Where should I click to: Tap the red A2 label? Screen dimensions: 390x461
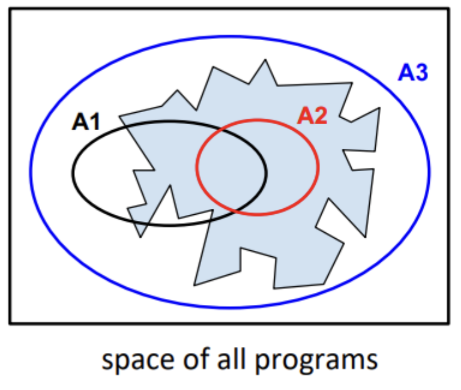pos(312,116)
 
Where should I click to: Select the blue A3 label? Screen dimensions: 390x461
pos(413,73)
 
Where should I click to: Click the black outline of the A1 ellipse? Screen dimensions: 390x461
pos(73,173)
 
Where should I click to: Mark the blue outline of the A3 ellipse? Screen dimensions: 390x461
pos(31,172)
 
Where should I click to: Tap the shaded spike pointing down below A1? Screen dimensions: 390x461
pos(142,231)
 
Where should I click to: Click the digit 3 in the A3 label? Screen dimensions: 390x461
pos(421,73)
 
